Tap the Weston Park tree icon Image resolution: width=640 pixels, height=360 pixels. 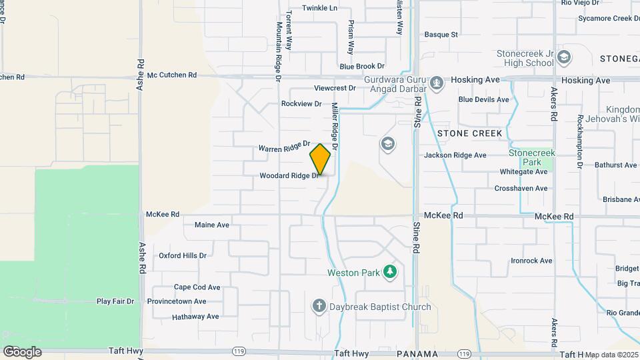coord(390,272)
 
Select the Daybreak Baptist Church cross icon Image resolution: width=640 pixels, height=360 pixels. coord(319,307)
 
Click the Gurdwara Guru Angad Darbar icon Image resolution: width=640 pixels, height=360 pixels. coord(437,82)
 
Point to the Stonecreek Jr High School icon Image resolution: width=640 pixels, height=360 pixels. coord(564,57)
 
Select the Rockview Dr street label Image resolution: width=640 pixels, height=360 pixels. coord(301,103)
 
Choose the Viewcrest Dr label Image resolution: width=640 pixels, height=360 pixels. coord(335,88)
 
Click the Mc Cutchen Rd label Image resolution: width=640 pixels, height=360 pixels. coord(172,75)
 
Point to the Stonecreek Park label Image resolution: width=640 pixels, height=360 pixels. coord(531,157)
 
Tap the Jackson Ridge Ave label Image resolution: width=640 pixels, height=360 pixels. coord(455,155)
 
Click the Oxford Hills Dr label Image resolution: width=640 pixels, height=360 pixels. coord(183,255)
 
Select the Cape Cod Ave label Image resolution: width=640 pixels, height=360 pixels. coord(197,287)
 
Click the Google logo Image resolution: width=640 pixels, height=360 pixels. coord(22,351)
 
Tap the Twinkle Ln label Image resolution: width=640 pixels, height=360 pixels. coord(319,8)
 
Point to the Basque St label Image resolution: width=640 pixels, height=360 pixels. coord(441,34)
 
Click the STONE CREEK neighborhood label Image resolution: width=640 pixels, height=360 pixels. coord(469,133)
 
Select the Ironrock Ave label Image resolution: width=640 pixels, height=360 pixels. coord(531,261)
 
